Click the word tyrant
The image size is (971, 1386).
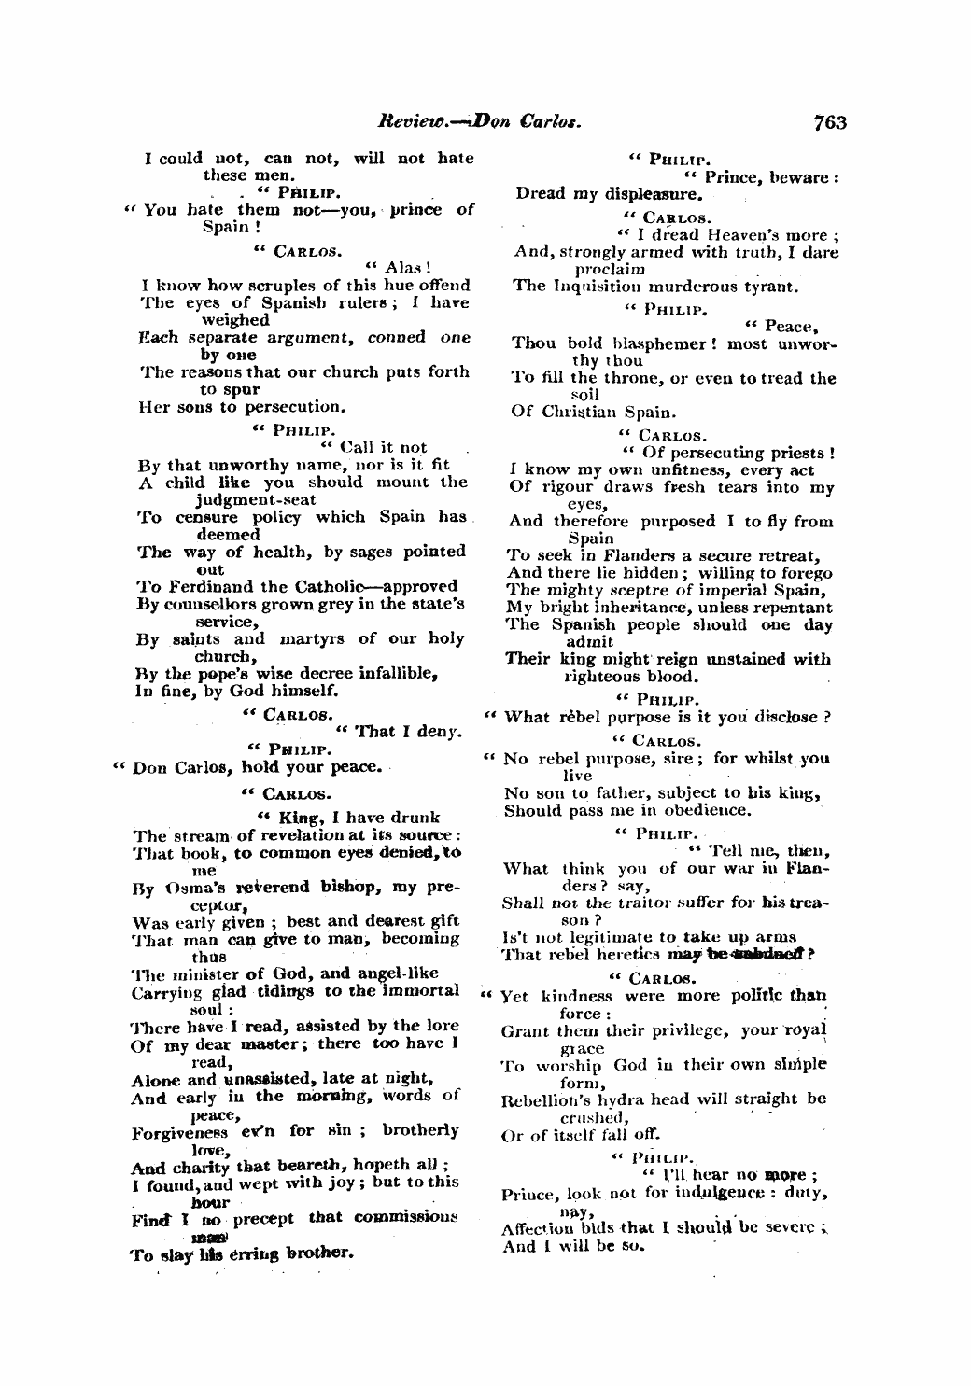coord(769,286)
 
